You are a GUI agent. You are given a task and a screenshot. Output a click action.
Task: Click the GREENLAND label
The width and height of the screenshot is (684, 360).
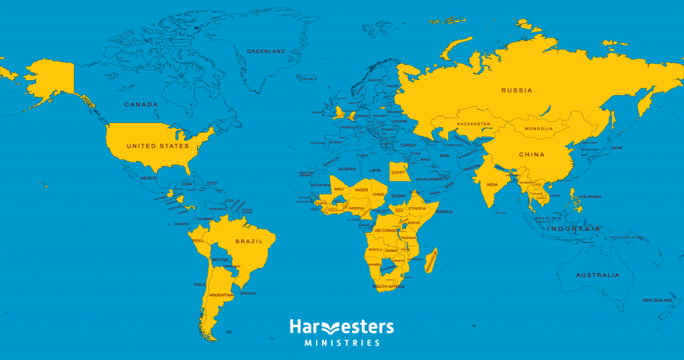[x=266, y=51]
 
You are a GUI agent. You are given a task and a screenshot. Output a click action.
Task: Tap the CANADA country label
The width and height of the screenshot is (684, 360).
[x=142, y=105]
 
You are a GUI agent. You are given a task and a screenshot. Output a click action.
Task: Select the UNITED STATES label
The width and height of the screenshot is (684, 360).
[x=158, y=146]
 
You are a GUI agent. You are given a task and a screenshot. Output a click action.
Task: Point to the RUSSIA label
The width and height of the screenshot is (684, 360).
[x=517, y=90]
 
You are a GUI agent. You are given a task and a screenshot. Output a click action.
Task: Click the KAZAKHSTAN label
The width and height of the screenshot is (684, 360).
[x=474, y=124]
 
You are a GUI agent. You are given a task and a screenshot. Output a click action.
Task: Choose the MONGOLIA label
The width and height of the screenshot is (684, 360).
[x=538, y=128]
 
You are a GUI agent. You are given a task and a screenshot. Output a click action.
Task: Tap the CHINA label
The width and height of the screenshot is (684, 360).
[x=532, y=154]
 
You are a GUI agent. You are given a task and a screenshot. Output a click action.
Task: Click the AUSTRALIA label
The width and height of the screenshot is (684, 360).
[x=598, y=275]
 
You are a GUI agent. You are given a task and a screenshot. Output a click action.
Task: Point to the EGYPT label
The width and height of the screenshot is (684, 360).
[x=399, y=172]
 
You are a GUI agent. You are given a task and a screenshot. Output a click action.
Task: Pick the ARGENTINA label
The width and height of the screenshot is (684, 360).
[x=221, y=295]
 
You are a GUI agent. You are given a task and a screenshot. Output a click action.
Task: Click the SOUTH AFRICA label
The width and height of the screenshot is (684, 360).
[x=389, y=287]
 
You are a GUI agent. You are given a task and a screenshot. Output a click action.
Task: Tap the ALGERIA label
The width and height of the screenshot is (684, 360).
[x=347, y=169]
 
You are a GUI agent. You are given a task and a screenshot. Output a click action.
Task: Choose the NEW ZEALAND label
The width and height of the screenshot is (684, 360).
[x=657, y=301]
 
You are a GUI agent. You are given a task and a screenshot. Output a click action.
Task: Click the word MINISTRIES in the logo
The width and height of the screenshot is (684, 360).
[x=342, y=343]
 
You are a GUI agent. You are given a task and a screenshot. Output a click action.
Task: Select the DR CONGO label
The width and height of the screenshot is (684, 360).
[x=387, y=230]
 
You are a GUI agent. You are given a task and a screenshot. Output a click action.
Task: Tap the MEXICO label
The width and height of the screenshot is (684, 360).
[x=149, y=178]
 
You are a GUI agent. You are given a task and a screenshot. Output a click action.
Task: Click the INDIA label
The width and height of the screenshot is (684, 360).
[x=492, y=185]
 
